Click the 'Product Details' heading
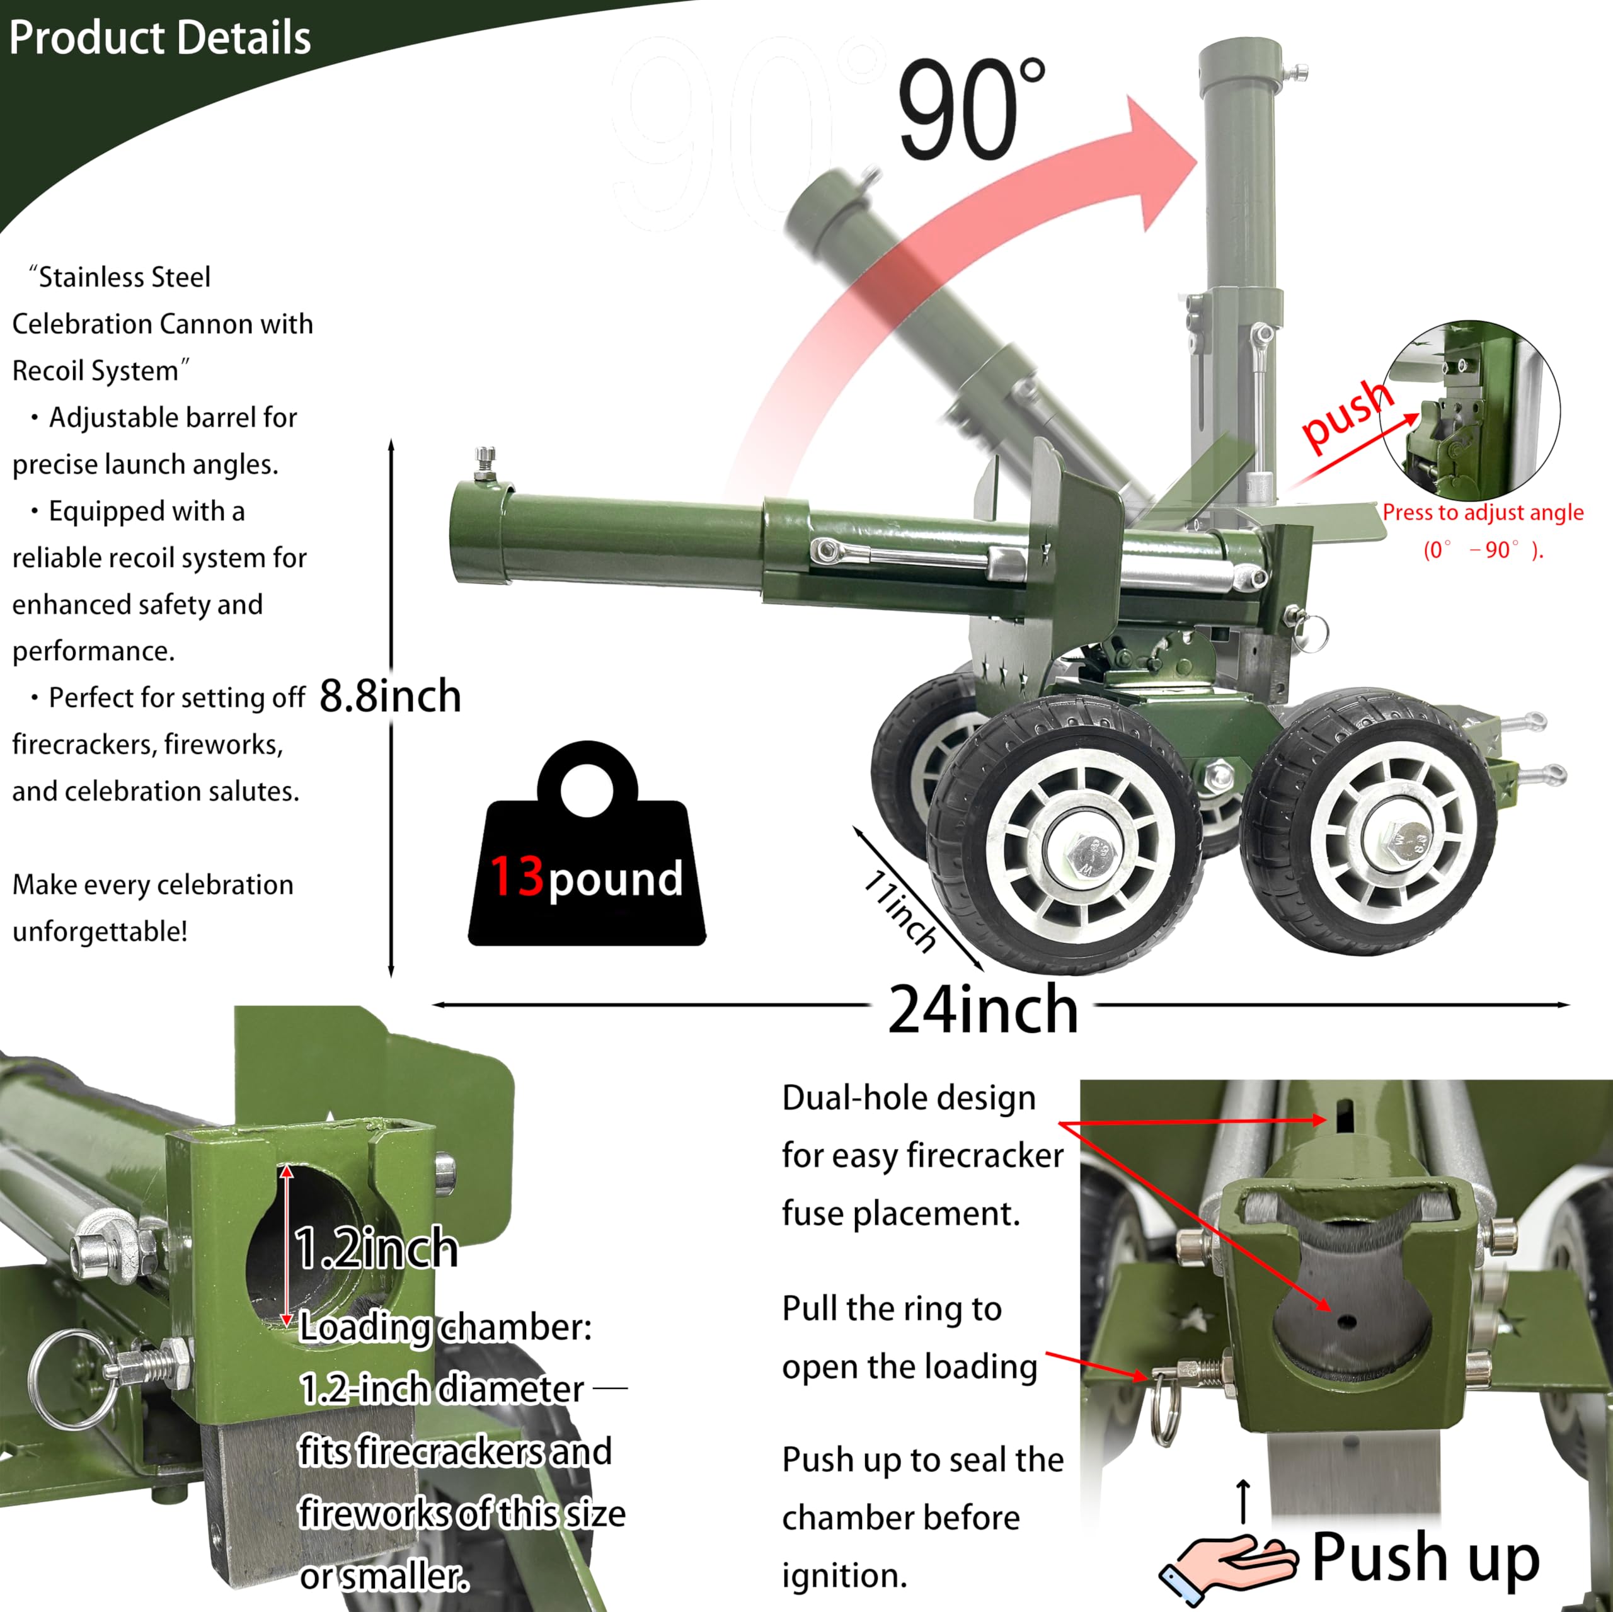[x=159, y=38]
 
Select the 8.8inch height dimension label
[x=390, y=695]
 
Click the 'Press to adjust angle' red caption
[x=1482, y=513]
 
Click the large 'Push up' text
[x=1425, y=1558]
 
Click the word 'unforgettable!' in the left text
[x=100, y=931]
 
